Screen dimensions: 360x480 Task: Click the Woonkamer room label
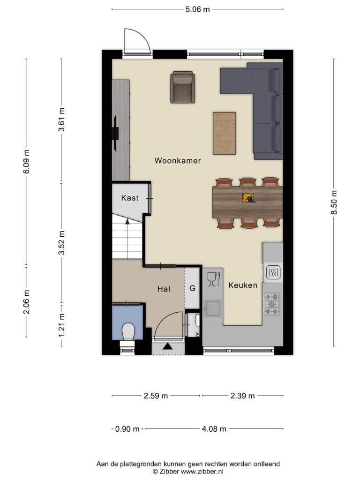178,160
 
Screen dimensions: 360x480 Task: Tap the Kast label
130,198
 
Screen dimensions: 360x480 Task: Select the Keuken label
243,285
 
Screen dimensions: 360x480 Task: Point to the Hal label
164,289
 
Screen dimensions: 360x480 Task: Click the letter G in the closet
193,288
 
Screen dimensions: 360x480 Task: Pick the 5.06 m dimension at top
197,9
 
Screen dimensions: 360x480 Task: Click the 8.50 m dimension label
334,202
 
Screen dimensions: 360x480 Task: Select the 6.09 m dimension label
26,162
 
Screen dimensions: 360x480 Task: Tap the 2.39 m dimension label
242,396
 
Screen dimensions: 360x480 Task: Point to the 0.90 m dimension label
127,429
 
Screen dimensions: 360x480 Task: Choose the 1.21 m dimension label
61,325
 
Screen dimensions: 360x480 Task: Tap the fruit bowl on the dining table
248,198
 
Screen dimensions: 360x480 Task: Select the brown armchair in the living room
183,87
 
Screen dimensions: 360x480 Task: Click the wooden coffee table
225,133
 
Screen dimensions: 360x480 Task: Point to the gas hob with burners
271,304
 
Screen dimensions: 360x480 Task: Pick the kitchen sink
212,308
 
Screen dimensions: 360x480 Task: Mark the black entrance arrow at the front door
167,346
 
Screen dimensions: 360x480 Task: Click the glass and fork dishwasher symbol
214,279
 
